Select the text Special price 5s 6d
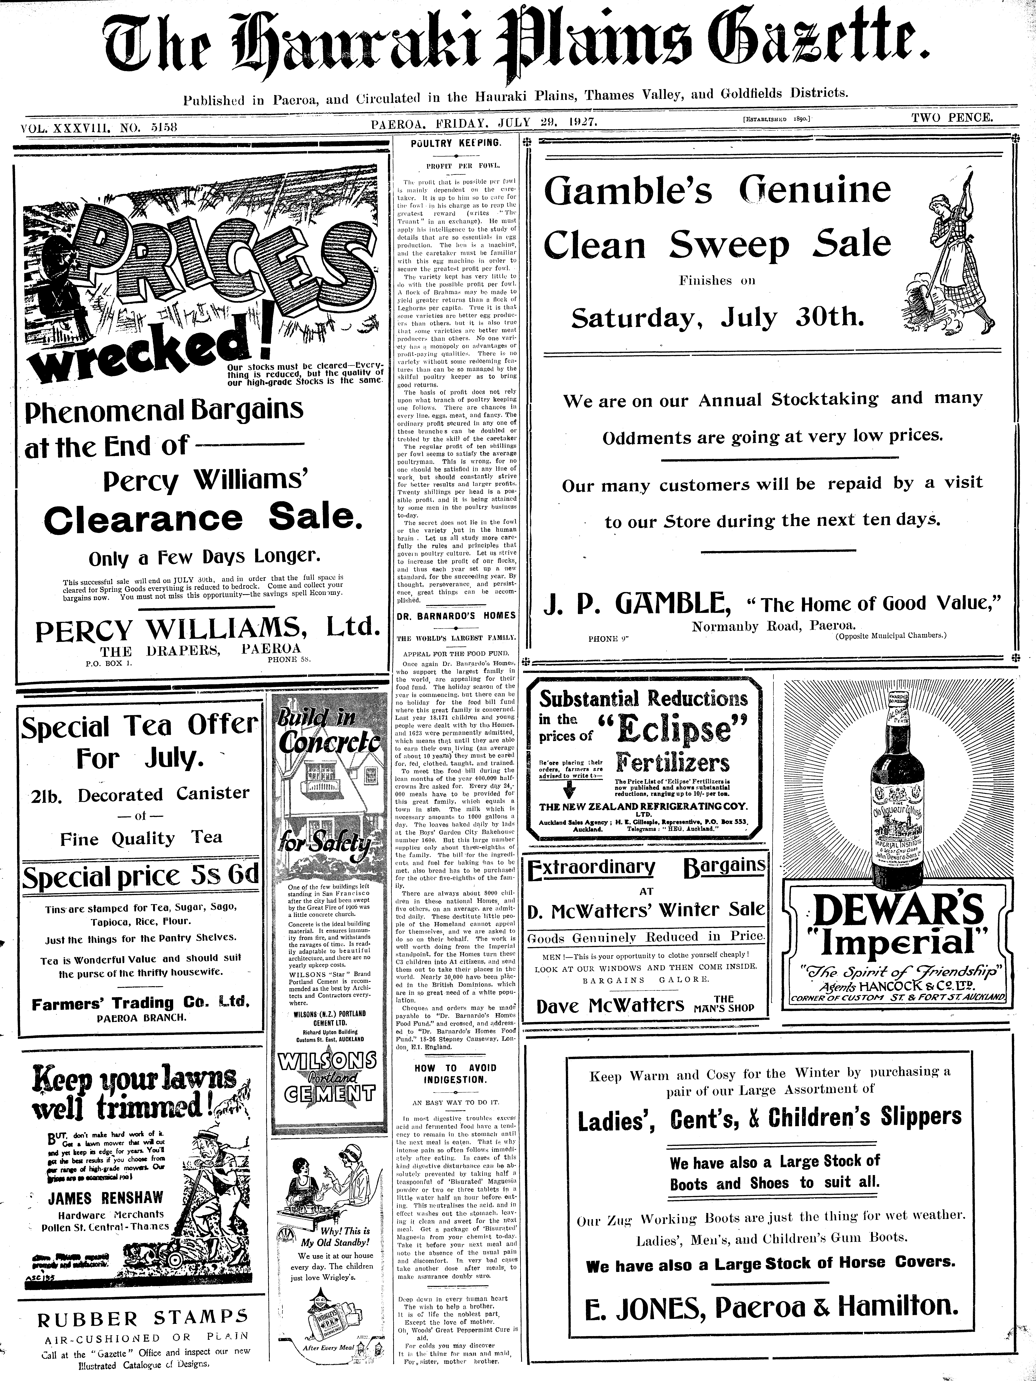[140, 876]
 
